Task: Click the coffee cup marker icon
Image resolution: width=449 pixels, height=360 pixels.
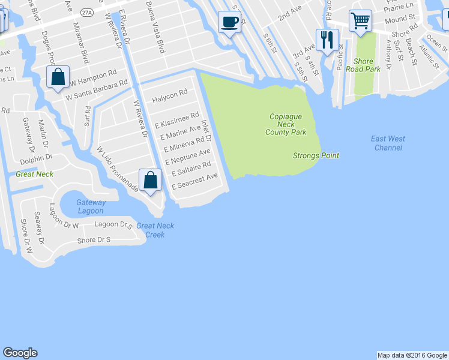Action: (x=228, y=22)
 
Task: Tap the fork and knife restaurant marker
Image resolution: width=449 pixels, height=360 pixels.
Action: (x=327, y=40)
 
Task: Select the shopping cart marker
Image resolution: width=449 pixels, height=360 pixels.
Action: (x=360, y=20)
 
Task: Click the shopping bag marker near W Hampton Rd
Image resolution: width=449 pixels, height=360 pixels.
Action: (x=57, y=77)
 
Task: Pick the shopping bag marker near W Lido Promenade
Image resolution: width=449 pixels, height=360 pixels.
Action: (x=150, y=180)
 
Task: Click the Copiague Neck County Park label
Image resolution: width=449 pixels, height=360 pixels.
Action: (x=286, y=123)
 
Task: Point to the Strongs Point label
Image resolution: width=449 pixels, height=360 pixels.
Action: (x=316, y=155)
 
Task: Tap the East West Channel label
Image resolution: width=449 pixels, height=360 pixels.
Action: (x=388, y=143)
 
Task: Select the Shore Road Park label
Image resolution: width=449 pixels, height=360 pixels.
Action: (x=367, y=65)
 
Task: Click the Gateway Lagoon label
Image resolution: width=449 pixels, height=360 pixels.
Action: (x=91, y=206)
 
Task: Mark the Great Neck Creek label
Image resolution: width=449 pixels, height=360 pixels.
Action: (x=155, y=230)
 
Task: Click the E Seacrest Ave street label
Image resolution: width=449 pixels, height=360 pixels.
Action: (x=194, y=181)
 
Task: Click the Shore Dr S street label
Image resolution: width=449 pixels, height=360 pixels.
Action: (x=94, y=240)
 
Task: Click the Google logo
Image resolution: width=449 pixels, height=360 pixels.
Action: (x=20, y=353)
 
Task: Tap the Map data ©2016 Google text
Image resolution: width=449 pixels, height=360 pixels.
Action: (x=412, y=355)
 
